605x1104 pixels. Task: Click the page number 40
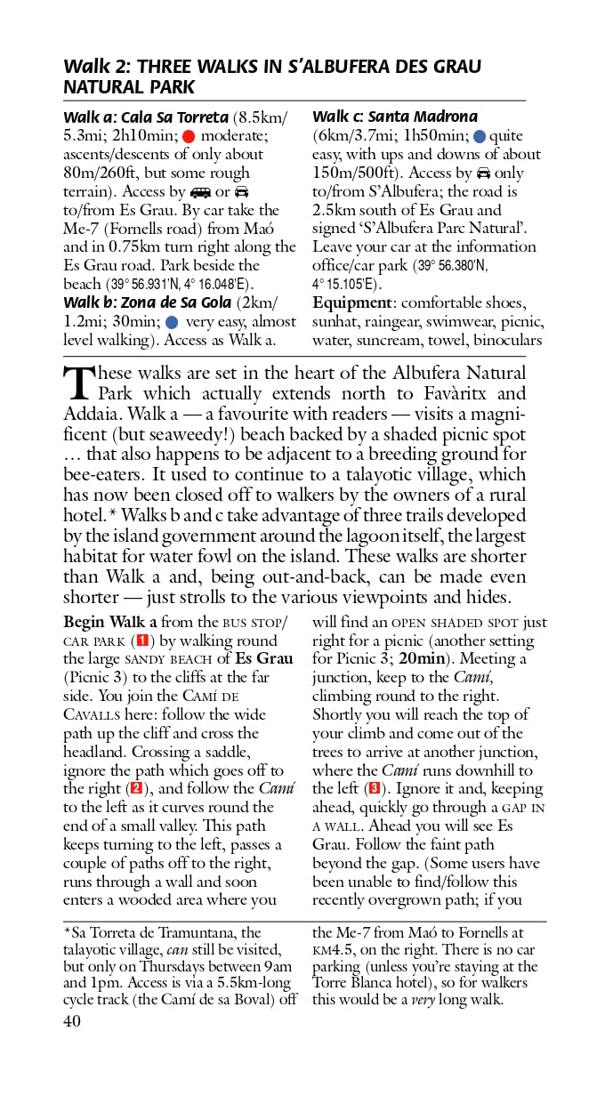point(71,1021)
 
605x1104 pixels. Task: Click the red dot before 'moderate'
point(189,136)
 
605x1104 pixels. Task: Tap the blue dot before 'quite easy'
point(480,136)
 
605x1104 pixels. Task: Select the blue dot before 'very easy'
point(172,322)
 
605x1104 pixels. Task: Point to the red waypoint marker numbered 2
point(136,788)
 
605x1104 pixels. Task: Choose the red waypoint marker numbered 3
point(375,788)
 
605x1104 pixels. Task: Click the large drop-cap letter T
point(78,383)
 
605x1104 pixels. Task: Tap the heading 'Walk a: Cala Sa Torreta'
point(146,117)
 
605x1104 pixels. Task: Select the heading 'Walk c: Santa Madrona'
point(394,117)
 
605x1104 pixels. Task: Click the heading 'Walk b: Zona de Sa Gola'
point(147,303)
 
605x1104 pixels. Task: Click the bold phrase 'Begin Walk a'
point(110,622)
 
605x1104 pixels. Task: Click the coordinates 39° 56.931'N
point(147,285)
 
